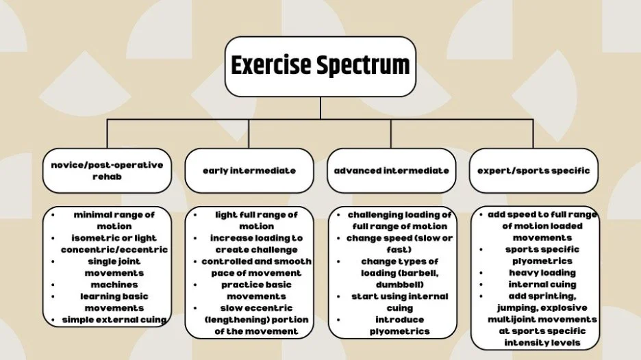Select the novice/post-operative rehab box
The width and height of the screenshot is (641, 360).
pyautogui.click(x=107, y=170)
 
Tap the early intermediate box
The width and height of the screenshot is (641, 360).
pyautogui.click(x=249, y=170)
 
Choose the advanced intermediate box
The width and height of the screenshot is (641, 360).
pyautogui.click(x=392, y=170)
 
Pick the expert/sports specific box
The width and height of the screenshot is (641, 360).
pyautogui.click(x=533, y=170)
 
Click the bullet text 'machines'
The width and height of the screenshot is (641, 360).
pyautogui.click(x=114, y=285)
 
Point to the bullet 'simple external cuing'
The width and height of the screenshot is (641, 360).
pyautogui.click(x=114, y=320)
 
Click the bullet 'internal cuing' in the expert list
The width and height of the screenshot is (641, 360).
pyautogui.click(x=542, y=284)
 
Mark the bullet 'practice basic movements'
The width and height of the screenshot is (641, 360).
pyautogui.click(x=256, y=290)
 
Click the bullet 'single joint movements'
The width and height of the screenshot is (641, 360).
pyautogui.click(x=114, y=267)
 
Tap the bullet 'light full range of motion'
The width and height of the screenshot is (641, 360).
pyautogui.click(x=256, y=220)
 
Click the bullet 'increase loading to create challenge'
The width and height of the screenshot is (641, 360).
pyautogui.click(x=256, y=244)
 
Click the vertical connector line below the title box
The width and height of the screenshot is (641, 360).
pyautogui.click(x=320, y=107)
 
